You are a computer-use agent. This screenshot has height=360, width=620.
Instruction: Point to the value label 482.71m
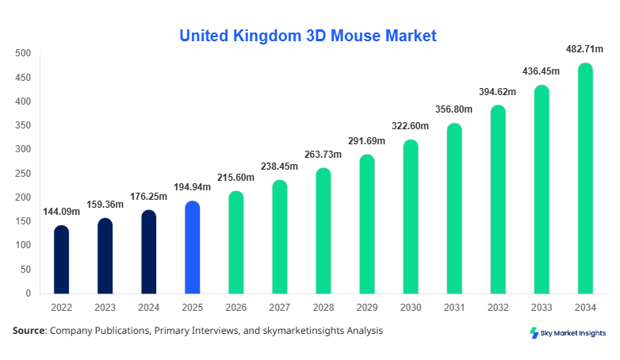coord(584,50)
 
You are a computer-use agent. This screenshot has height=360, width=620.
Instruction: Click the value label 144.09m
coord(61,212)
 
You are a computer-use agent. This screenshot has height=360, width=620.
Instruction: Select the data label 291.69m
coord(366,141)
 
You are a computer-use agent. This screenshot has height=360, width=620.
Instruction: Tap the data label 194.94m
coord(192,188)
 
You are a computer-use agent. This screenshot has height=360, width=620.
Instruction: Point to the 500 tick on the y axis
coord(23,54)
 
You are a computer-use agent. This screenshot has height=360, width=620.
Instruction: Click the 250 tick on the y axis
coord(23,174)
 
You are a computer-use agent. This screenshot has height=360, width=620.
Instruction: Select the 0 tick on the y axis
coord(28,293)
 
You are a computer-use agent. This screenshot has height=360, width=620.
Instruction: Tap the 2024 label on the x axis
coord(148,308)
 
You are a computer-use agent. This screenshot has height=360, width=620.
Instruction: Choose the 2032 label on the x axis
coord(498,308)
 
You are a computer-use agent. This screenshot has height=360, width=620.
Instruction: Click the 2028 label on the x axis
coord(323,308)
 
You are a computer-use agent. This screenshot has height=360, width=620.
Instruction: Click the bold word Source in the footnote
coord(28,331)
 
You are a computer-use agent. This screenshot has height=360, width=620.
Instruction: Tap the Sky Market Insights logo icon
coord(534,333)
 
